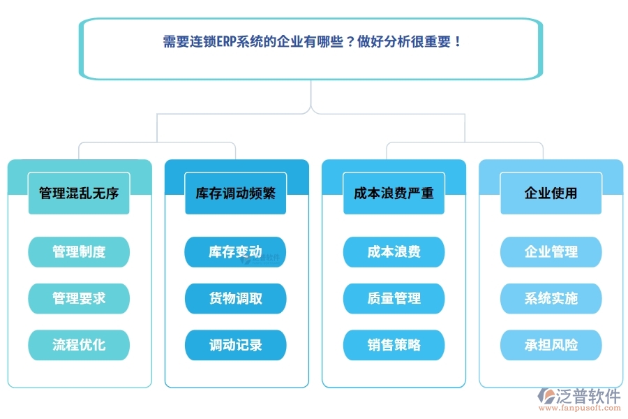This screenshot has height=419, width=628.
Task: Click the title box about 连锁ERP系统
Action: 311,48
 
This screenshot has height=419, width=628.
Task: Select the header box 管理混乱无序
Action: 79,193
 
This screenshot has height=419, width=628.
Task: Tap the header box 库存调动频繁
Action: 236,193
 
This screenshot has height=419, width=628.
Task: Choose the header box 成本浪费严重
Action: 394,193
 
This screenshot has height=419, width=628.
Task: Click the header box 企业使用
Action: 551,193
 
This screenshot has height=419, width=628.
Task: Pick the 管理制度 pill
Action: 79,252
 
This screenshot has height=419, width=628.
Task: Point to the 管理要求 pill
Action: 79,298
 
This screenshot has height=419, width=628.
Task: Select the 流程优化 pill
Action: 79,345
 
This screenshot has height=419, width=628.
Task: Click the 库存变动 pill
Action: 236,252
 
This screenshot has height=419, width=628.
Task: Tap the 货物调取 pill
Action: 236,298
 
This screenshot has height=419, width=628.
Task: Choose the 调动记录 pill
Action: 236,345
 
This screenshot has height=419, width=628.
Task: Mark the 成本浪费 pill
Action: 394,252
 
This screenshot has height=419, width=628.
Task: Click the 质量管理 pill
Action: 394,298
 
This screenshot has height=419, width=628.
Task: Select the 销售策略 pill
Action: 394,345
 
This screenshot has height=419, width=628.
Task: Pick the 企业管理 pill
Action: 551,252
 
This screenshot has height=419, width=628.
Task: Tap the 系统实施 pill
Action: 551,298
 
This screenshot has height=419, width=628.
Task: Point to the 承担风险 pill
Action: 551,345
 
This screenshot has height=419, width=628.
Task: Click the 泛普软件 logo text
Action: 588,396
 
